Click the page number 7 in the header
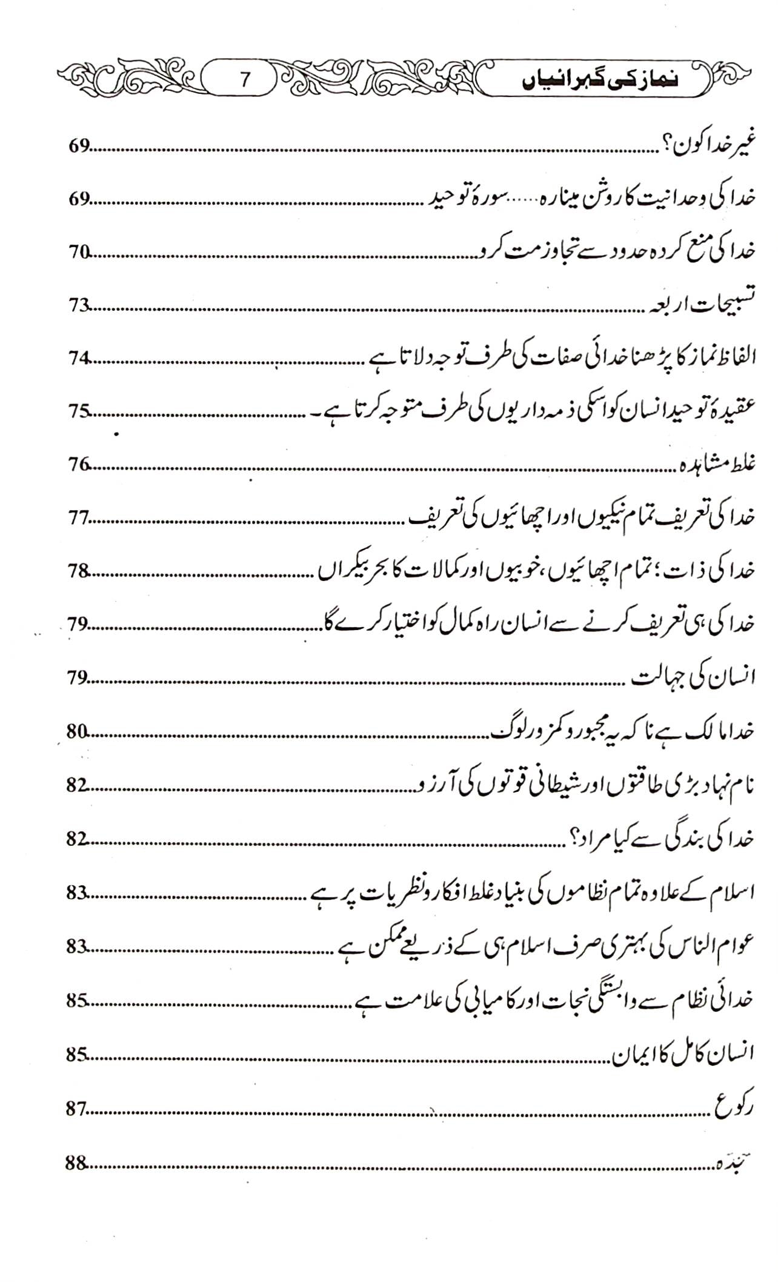pyautogui.click(x=245, y=80)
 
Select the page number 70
pyautogui.click(x=79, y=253)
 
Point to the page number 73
pyautogui.click(x=79, y=306)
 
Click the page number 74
pyautogui.click(x=79, y=359)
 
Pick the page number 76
pyautogui.click(x=79, y=465)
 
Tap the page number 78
pyautogui.click(x=79, y=571)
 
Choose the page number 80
pyautogui.click(x=79, y=732)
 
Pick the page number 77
pyautogui.click(x=79, y=519)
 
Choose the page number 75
pyautogui.click(x=79, y=413)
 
